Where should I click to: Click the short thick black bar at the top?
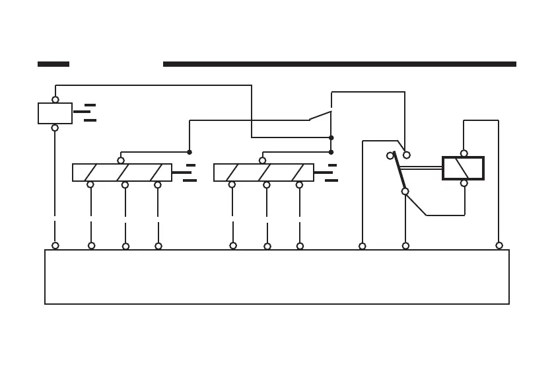pos(53,64)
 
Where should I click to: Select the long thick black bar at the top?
pos(339,64)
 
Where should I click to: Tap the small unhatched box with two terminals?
pos(55,113)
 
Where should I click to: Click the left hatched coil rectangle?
pos(121,173)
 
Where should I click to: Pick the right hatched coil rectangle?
pos(263,173)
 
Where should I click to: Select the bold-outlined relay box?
pos(463,168)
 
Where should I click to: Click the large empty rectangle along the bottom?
pos(277,277)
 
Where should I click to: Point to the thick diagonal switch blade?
pos(399,171)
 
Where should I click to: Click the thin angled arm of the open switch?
pos(320,116)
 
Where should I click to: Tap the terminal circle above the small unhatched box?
pos(55,100)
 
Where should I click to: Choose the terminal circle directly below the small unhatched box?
pos(55,128)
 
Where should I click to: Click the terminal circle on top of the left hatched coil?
pos(121,161)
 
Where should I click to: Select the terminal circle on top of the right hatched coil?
pos(262,161)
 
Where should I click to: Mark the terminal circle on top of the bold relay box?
pos(464,153)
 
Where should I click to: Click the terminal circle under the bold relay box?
pos(464,183)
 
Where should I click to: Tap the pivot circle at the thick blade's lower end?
pos(405,192)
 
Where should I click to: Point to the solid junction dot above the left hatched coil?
pos(190,152)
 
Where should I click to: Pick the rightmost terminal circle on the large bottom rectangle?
pos(499,246)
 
